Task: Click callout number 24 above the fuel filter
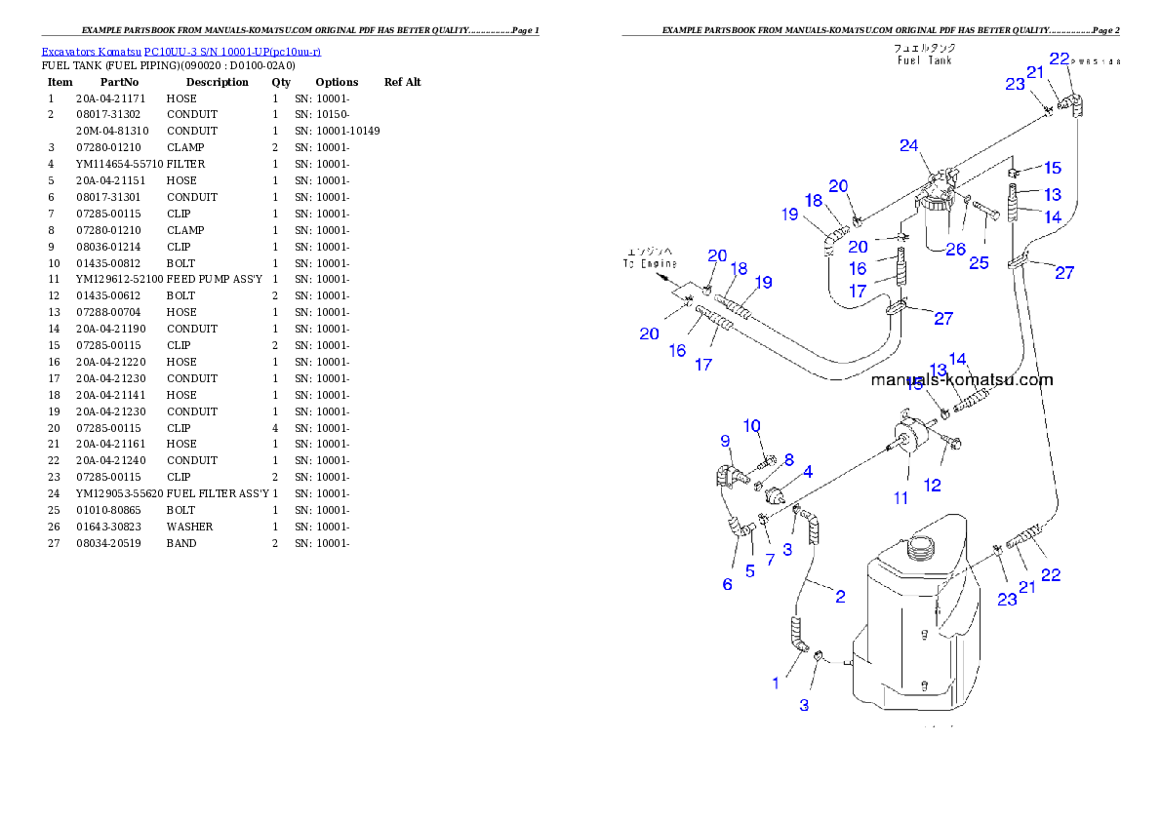click(x=909, y=146)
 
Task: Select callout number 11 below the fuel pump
click(x=901, y=497)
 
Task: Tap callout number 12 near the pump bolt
click(x=933, y=485)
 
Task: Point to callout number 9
click(x=725, y=441)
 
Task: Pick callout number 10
click(x=751, y=425)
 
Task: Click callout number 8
click(x=788, y=459)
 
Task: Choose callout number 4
click(x=808, y=473)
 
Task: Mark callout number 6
click(x=727, y=584)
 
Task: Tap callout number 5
click(x=750, y=571)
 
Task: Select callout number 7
click(x=770, y=560)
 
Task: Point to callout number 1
click(x=777, y=684)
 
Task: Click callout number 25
click(x=978, y=263)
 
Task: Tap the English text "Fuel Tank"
click(x=924, y=59)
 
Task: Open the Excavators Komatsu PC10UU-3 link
click(x=181, y=51)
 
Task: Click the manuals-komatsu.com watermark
click(x=962, y=380)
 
